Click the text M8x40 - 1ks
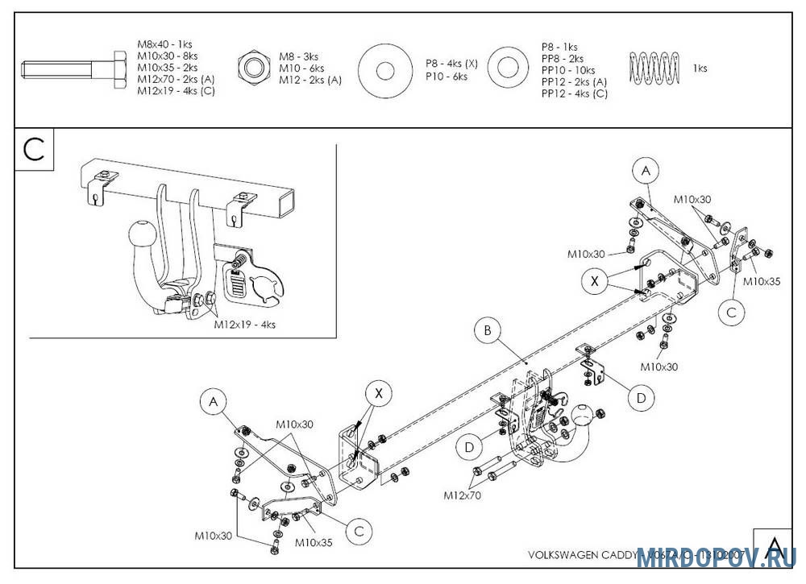click(164, 44)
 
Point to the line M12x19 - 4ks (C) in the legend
click(176, 91)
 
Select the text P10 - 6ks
click(447, 77)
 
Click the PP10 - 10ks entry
click(568, 70)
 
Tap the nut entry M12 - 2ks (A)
click(310, 80)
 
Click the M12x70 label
click(462, 495)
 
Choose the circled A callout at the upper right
click(645, 171)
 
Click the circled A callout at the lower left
click(213, 400)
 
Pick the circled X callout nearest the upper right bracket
click(595, 280)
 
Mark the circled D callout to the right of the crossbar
click(640, 397)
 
